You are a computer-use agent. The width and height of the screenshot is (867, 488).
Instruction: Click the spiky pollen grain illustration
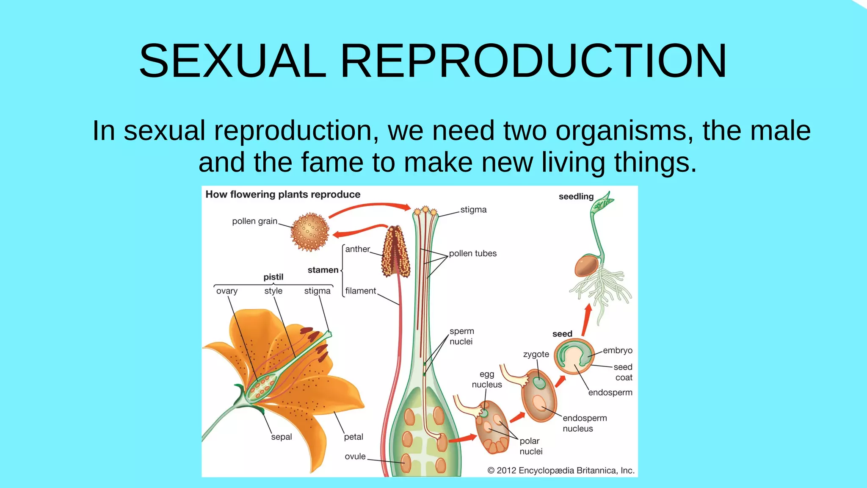point(310,232)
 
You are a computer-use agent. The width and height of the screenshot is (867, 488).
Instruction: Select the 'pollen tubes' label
point(472,253)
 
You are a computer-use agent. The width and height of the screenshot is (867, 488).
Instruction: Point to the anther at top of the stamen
point(396,252)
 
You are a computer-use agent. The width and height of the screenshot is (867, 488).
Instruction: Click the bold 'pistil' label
point(273,277)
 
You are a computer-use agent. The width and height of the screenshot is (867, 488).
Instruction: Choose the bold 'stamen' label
point(323,270)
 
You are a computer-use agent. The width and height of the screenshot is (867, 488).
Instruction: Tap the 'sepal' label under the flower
point(282,437)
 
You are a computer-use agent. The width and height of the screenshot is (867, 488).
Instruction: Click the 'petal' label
point(353,437)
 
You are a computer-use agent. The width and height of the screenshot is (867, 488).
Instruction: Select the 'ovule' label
point(355,456)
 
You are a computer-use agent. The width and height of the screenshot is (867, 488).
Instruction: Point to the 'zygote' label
point(536,354)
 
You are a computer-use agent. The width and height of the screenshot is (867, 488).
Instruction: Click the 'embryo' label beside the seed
point(618,350)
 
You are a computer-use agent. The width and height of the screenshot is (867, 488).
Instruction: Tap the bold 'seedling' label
point(576,197)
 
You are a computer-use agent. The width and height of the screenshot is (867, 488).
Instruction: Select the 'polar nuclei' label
point(530,446)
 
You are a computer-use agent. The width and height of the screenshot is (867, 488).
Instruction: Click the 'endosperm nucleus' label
point(584,423)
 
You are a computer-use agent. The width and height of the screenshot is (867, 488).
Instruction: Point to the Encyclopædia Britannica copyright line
point(561,470)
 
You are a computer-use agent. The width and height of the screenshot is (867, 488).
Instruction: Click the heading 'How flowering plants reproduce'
point(283,194)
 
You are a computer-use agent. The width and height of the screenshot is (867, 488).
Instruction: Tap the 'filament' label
point(360,291)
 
